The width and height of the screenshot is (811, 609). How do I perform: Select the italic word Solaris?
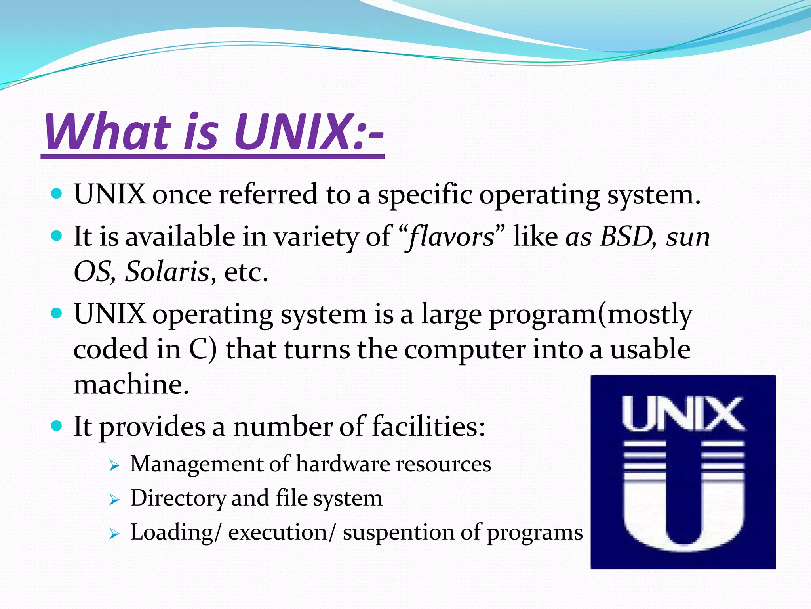167,272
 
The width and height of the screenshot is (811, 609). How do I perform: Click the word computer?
465,350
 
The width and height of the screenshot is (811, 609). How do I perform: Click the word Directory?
177,498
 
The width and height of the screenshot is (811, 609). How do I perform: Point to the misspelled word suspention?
398,532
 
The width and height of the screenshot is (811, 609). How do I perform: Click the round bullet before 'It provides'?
57,426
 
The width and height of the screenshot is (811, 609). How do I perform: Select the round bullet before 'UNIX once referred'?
57,194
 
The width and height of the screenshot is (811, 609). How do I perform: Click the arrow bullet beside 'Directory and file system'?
114,500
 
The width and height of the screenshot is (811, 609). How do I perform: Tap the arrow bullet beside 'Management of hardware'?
114,466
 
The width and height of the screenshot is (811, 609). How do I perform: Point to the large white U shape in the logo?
684,511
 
